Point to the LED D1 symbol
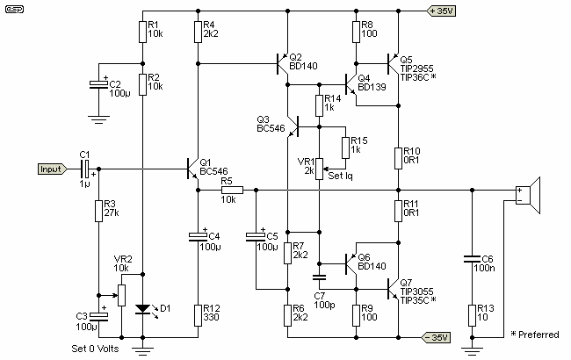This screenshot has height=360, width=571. (142, 309)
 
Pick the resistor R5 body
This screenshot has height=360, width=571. (232, 189)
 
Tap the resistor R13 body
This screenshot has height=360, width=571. (473, 313)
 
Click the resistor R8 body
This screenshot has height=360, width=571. (357, 32)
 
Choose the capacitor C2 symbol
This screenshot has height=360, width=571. (98, 84)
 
